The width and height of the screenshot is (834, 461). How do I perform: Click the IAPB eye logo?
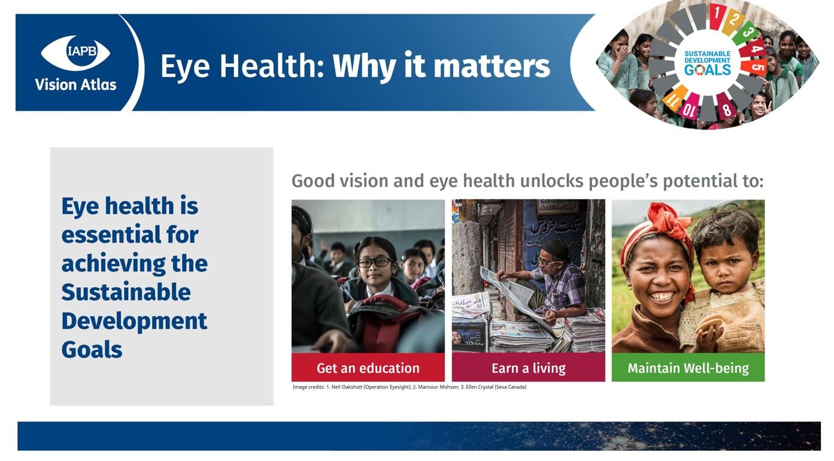click(75, 53)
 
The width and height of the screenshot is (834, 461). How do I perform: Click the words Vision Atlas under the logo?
click(75, 85)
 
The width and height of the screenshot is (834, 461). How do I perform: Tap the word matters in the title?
click(492, 67)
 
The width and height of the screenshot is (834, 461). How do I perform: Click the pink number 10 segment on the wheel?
click(689, 107)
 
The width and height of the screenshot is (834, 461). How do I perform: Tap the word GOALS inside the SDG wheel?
click(708, 70)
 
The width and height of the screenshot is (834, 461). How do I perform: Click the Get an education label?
click(368, 368)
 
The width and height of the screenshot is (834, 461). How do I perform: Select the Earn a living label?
click(528, 368)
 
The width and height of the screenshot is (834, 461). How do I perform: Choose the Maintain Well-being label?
click(688, 368)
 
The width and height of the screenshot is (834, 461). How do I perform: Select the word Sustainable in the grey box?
click(126, 292)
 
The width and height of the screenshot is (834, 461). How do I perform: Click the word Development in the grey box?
click(134, 321)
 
